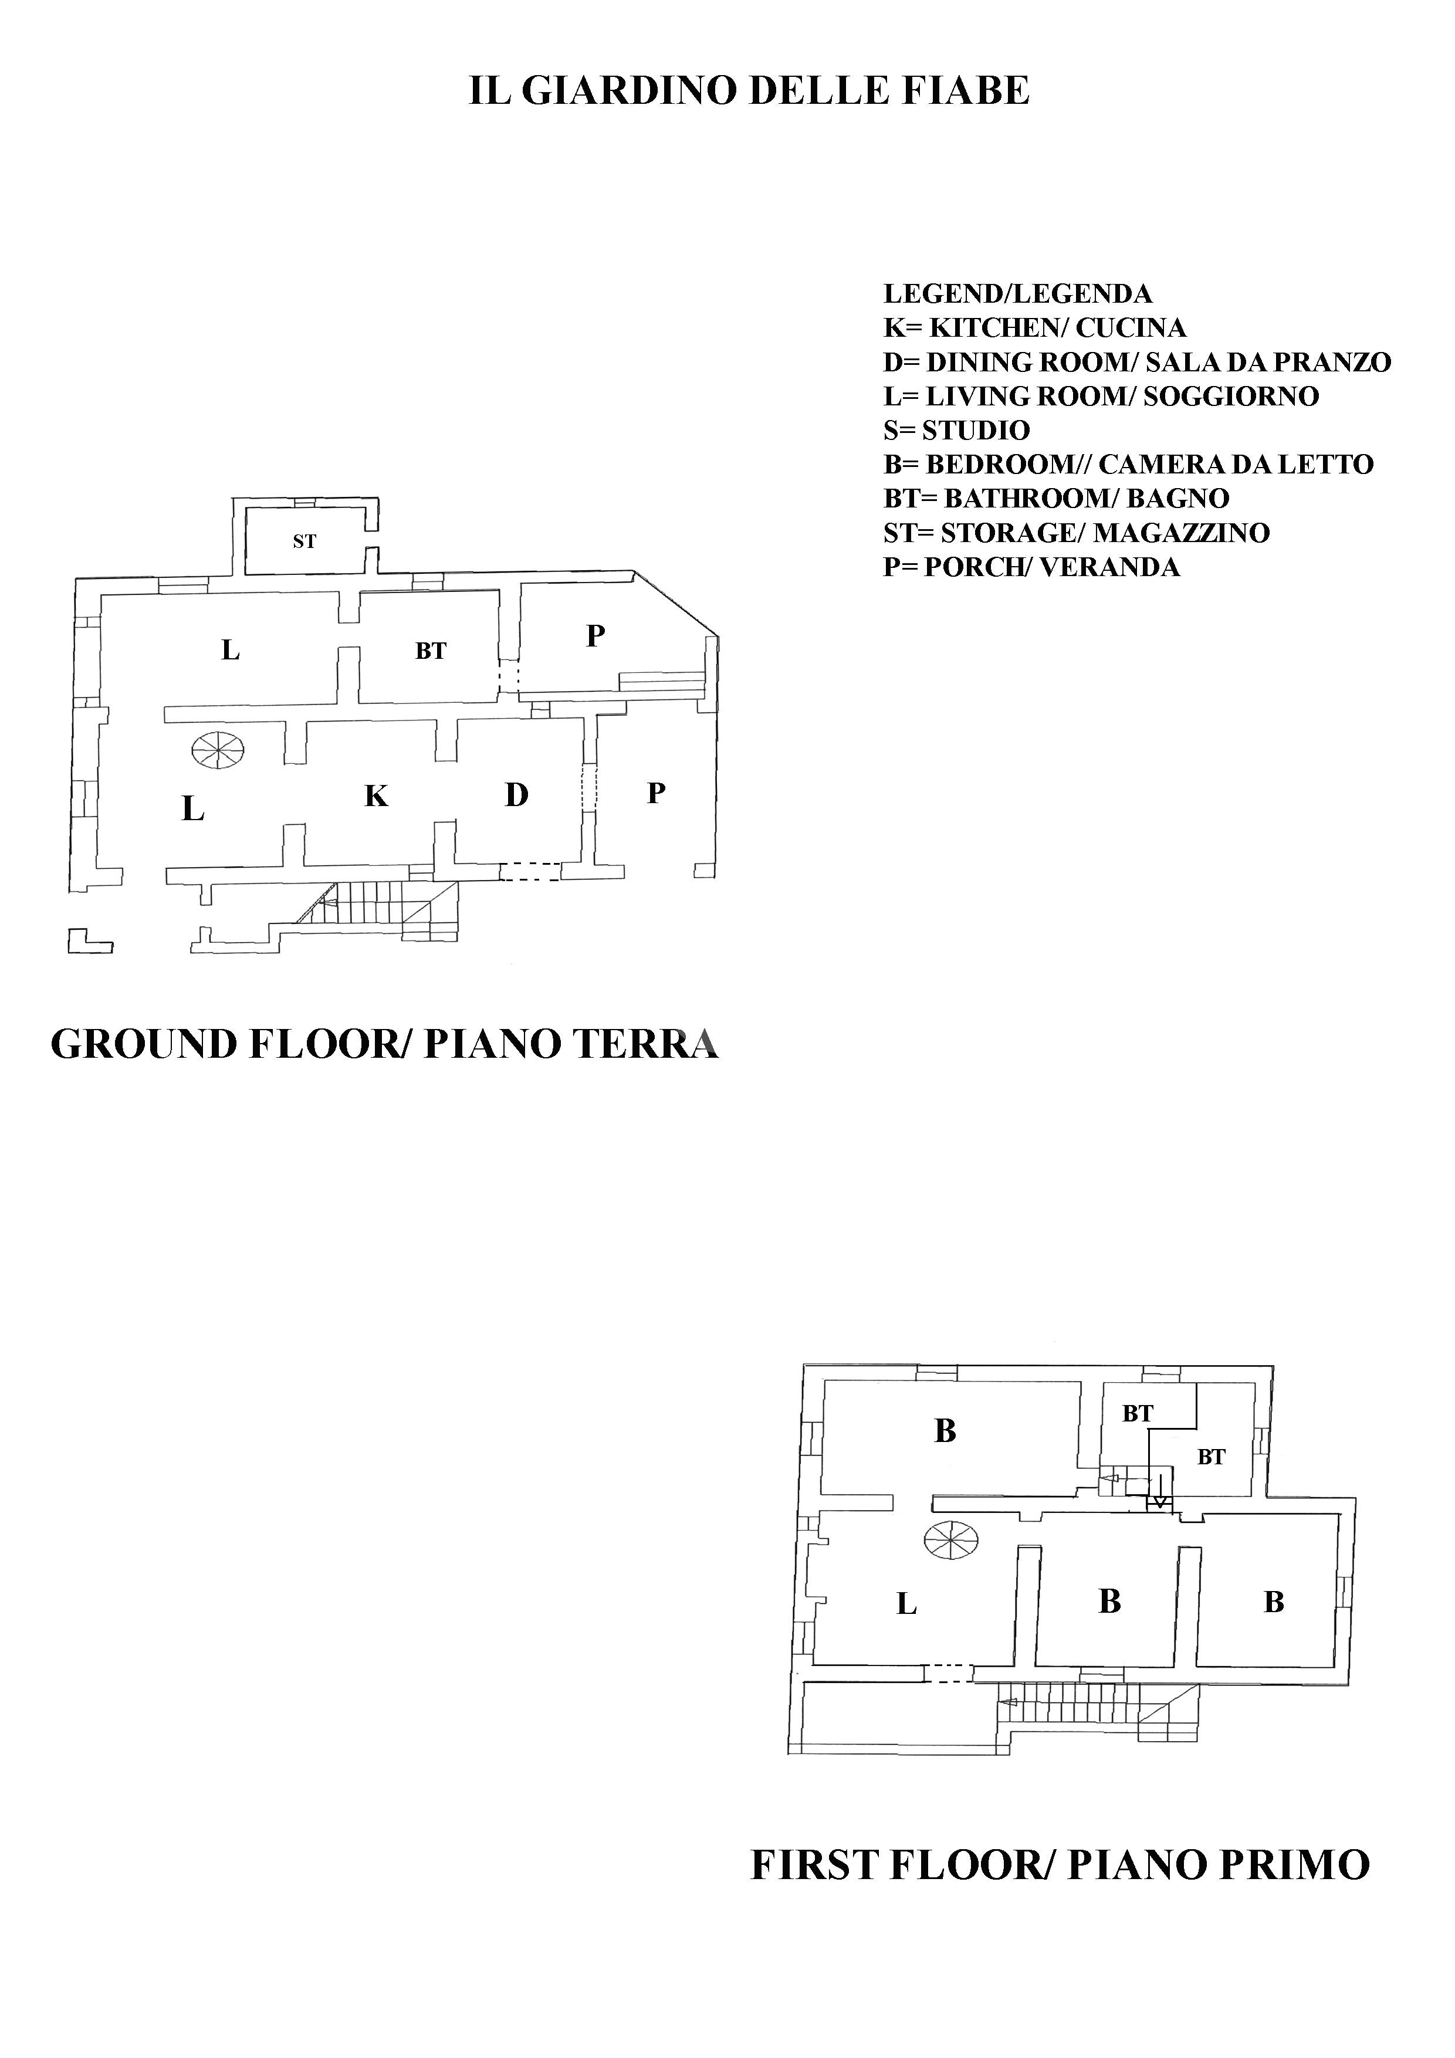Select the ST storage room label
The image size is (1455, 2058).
(x=305, y=541)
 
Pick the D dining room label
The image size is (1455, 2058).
(x=516, y=794)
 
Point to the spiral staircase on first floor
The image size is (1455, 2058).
(x=951, y=1540)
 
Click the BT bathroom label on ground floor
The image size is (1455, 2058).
(x=430, y=652)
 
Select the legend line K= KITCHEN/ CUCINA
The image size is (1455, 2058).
(x=1034, y=328)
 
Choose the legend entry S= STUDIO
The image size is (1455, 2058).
(x=956, y=430)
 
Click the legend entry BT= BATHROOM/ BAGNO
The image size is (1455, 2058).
(x=1056, y=498)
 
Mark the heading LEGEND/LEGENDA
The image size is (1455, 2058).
(x=1017, y=294)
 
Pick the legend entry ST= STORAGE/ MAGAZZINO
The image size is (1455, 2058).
(x=1076, y=533)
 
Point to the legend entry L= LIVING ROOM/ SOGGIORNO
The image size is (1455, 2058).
(x=1101, y=396)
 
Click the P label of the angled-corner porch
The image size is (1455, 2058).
(x=595, y=635)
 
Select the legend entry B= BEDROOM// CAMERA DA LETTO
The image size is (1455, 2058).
(x=1128, y=464)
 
